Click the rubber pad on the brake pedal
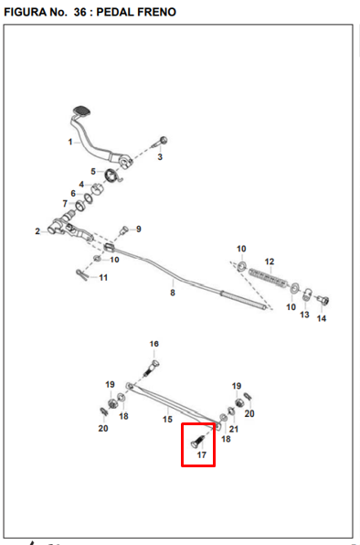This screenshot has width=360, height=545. (x=81, y=111)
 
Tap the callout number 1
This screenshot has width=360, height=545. (x=70, y=142)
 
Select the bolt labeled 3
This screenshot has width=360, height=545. (x=160, y=142)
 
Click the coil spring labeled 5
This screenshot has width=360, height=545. (x=112, y=176)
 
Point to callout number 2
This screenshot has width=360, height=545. (x=37, y=231)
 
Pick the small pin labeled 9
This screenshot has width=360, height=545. (x=124, y=230)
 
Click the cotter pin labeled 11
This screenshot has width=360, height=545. (x=82, y=275)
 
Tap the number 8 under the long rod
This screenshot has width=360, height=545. (x=173, y=293)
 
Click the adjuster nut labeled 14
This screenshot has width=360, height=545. (x=323, y=301)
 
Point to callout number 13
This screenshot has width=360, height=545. (x=304, y=315)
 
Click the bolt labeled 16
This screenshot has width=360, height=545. (x=152, y=368)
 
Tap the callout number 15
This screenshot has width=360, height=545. (x=167, y=419)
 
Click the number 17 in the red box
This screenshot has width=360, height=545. (x=202, y=454)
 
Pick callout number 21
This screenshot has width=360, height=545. (x=234, y=429)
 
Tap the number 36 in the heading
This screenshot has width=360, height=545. (x=79, y=12)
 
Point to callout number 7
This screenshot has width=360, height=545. (x=65, y=203)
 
